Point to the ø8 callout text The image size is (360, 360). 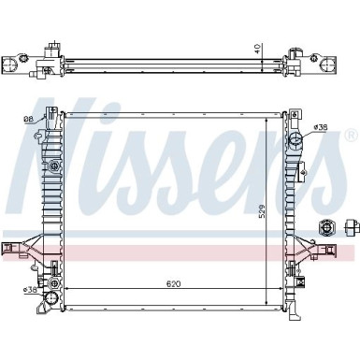[28, 119]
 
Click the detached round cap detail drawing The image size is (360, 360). [327, 227]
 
